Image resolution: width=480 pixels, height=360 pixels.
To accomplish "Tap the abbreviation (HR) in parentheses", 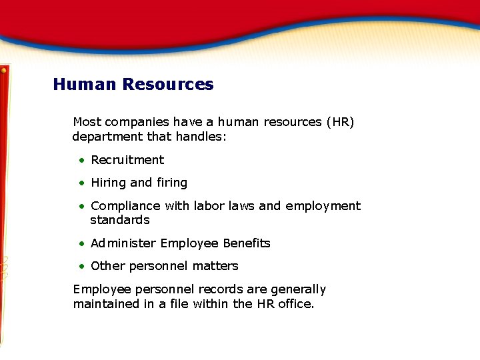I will point(340,122).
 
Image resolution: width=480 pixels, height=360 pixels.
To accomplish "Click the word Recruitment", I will point(127,160).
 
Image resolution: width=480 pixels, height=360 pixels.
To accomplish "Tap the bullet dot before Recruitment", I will point(81,160).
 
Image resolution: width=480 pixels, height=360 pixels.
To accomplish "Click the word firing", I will point(172,183).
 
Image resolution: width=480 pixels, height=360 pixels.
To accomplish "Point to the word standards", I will point(120,220).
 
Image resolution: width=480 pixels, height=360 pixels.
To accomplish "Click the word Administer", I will point(123,243).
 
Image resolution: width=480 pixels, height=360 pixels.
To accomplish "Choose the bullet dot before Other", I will point(81,266).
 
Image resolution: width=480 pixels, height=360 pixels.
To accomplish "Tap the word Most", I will point(87,122).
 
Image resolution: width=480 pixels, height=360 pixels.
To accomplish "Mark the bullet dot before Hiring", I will point(81,183).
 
